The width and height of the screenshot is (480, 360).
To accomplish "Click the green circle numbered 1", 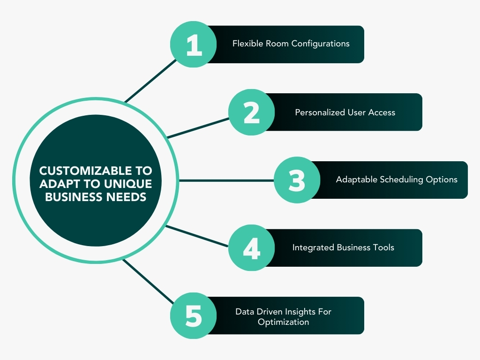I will (x=193, y=45).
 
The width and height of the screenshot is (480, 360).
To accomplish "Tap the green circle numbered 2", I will (x=252, y=112).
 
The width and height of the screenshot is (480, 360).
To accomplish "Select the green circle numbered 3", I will (x=297, y=180).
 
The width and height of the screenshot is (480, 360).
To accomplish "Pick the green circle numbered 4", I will (x=252, y=247).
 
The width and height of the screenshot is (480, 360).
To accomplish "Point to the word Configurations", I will (x=321, y=44).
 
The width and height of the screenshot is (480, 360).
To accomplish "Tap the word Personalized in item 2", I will (x=320, y=112).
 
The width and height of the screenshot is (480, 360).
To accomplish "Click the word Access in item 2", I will (x=382, y=112).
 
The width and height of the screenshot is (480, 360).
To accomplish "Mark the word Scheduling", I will (x=402, y=180).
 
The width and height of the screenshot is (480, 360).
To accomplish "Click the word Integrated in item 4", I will (x=313, y=247).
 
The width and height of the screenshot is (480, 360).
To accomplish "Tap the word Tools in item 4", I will (x=383, y=247).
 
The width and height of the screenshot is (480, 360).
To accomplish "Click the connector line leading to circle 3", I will (x=225, y=180).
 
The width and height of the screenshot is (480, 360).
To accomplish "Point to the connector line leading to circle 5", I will (x=148, y=282).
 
